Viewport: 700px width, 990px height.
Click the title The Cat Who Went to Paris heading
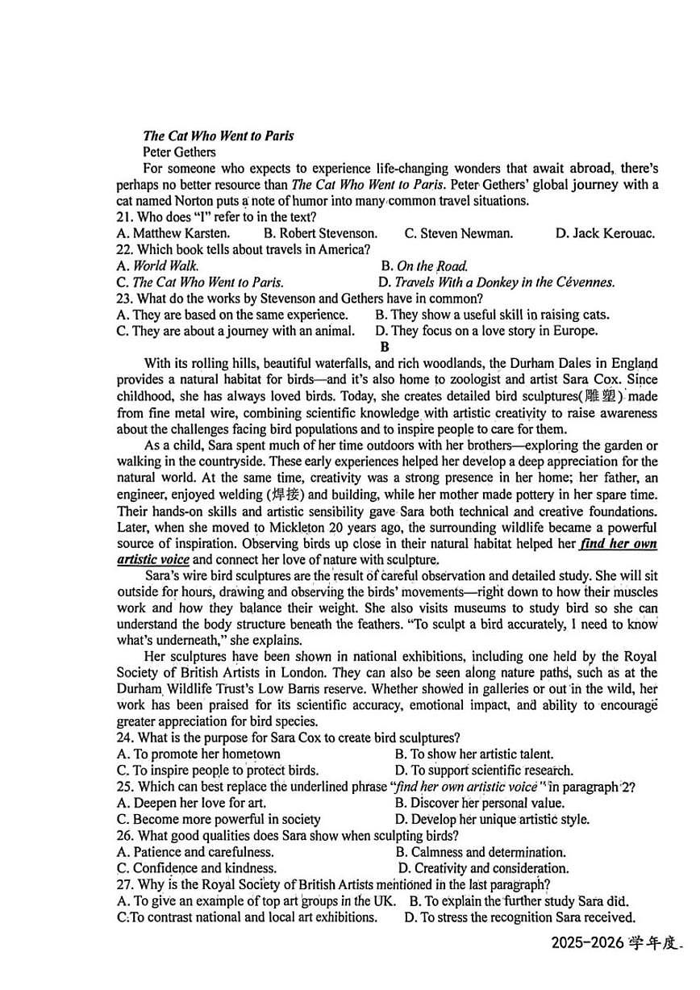coord(218,136)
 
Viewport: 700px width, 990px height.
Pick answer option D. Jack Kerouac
coord(605,233)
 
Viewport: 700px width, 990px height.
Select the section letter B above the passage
coord(385,347)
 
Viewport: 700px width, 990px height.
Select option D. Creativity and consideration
coord(484,868)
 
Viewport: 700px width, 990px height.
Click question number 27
coord(125,884)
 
